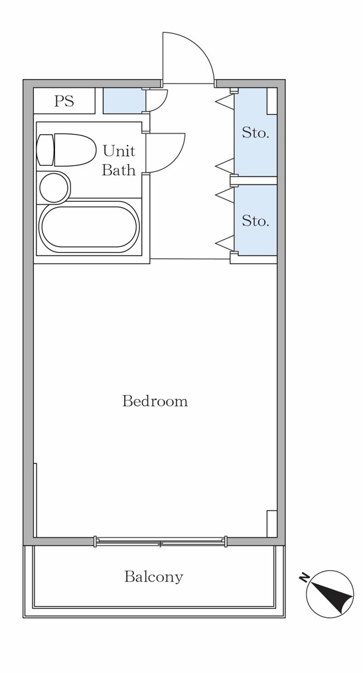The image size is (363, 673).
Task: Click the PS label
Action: click(x=64, y=102)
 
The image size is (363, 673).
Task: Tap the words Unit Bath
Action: click(x=119, y=161)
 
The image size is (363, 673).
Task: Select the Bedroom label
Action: click(x=155, y=401)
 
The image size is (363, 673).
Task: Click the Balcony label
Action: click(x=153, y=576)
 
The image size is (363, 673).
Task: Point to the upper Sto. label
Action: click(x=255, y=133)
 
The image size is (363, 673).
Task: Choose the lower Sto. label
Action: click(x=255, y=220)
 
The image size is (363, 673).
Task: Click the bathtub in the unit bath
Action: click(x=89, y=226)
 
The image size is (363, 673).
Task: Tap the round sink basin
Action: click(x=54, y=188)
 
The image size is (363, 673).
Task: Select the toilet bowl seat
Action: click(x=75, y=150)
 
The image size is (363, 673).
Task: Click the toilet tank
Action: click(x=45, y=150)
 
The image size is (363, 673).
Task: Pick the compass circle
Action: click(x=330, y=594)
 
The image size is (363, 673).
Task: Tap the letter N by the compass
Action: click(x=304, y=577)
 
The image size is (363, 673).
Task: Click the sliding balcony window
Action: click(x=161, y=542)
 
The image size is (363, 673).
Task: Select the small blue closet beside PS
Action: click(x=125, y=101)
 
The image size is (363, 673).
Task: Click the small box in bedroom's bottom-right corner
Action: click(x=272, y=524)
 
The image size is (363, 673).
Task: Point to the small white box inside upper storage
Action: click(x=272, y=102)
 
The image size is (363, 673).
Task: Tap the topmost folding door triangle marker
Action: click(x=224, y=102)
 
